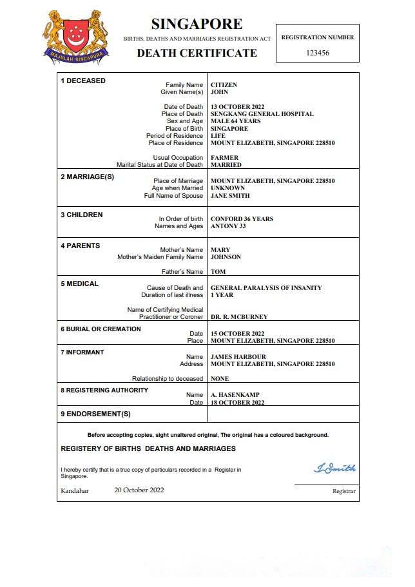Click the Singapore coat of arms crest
75,37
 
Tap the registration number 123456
317,53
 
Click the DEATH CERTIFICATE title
197,53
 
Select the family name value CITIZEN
224,85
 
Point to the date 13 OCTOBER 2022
238,107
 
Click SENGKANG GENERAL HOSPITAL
262,114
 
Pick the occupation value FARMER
224,158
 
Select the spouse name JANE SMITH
230,196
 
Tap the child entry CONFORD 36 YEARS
242,219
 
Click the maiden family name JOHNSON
226,257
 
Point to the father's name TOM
218,272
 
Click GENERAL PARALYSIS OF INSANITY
266,288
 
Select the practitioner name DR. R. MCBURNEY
239,317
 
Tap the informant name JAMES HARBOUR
238,357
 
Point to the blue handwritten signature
334,468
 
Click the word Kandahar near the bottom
75,491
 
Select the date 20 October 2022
139,490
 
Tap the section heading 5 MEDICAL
80,284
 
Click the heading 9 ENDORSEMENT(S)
95,414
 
